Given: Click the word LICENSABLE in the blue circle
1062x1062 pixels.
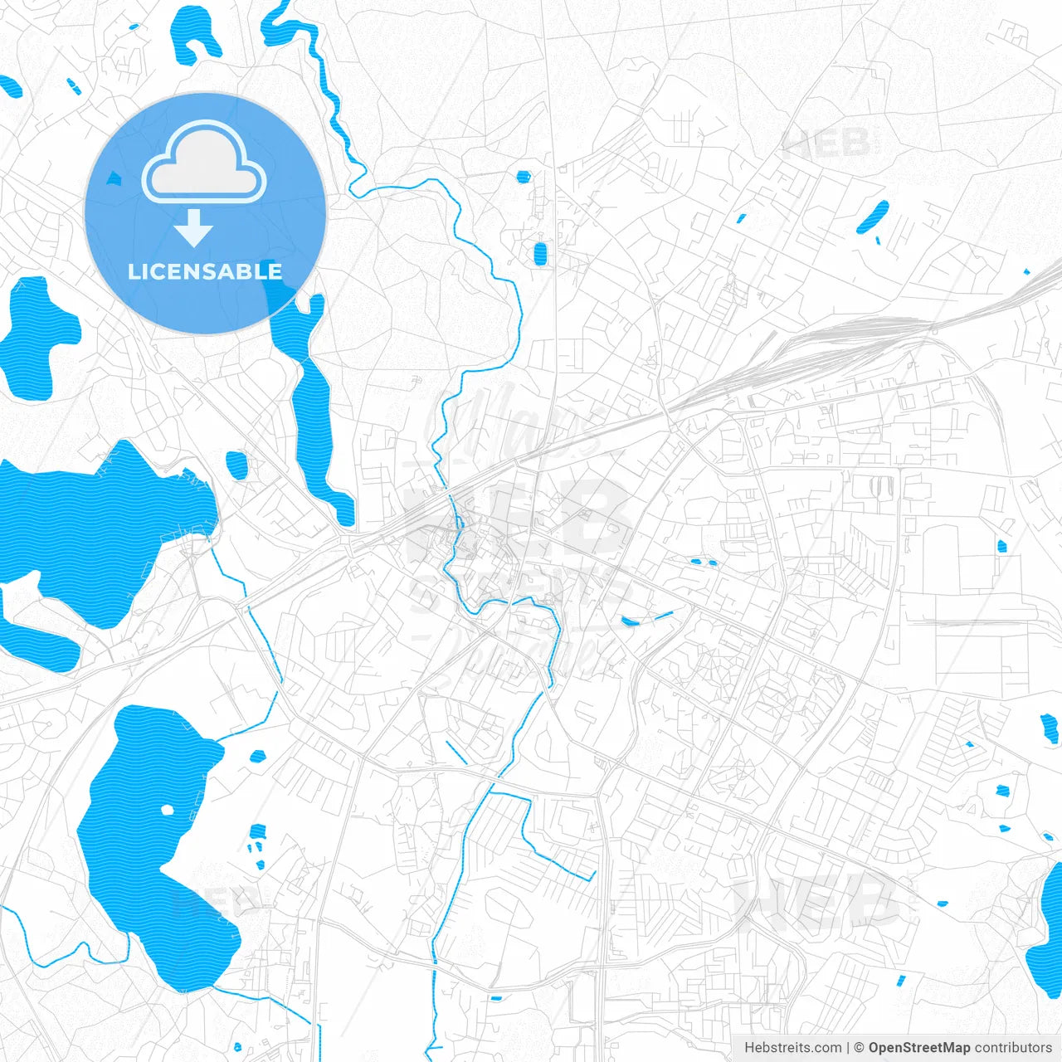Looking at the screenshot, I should pyautogui.click(x=205, y=271).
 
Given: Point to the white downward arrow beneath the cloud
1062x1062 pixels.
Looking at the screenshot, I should pyautogui.click(x=194, y=228).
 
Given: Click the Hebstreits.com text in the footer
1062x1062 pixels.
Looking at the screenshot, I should pyautogui.click(x=792, y=1048).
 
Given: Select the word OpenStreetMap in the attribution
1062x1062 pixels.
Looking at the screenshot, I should pyautogui.click(x=919, y=1048).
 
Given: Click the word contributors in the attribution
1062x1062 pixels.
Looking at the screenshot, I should pyautogui.click(x=1013, y=1048).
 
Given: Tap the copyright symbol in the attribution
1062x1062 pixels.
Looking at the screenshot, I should pyautogui.click(x=860, y=1048).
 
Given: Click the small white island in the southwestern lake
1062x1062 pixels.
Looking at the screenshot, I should pyautogui.click(x=168, y=810).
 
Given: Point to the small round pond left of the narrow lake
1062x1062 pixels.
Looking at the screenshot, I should pyautogui.click(x=236, y=465).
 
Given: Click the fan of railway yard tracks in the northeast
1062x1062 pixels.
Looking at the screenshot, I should pyautogui.click(x=830, y=348).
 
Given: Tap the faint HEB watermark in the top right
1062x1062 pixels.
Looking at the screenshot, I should pyautogui.click(x=826, y=144).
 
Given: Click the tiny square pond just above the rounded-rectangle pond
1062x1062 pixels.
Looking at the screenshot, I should pyautogui.click(x=523, y=176).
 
